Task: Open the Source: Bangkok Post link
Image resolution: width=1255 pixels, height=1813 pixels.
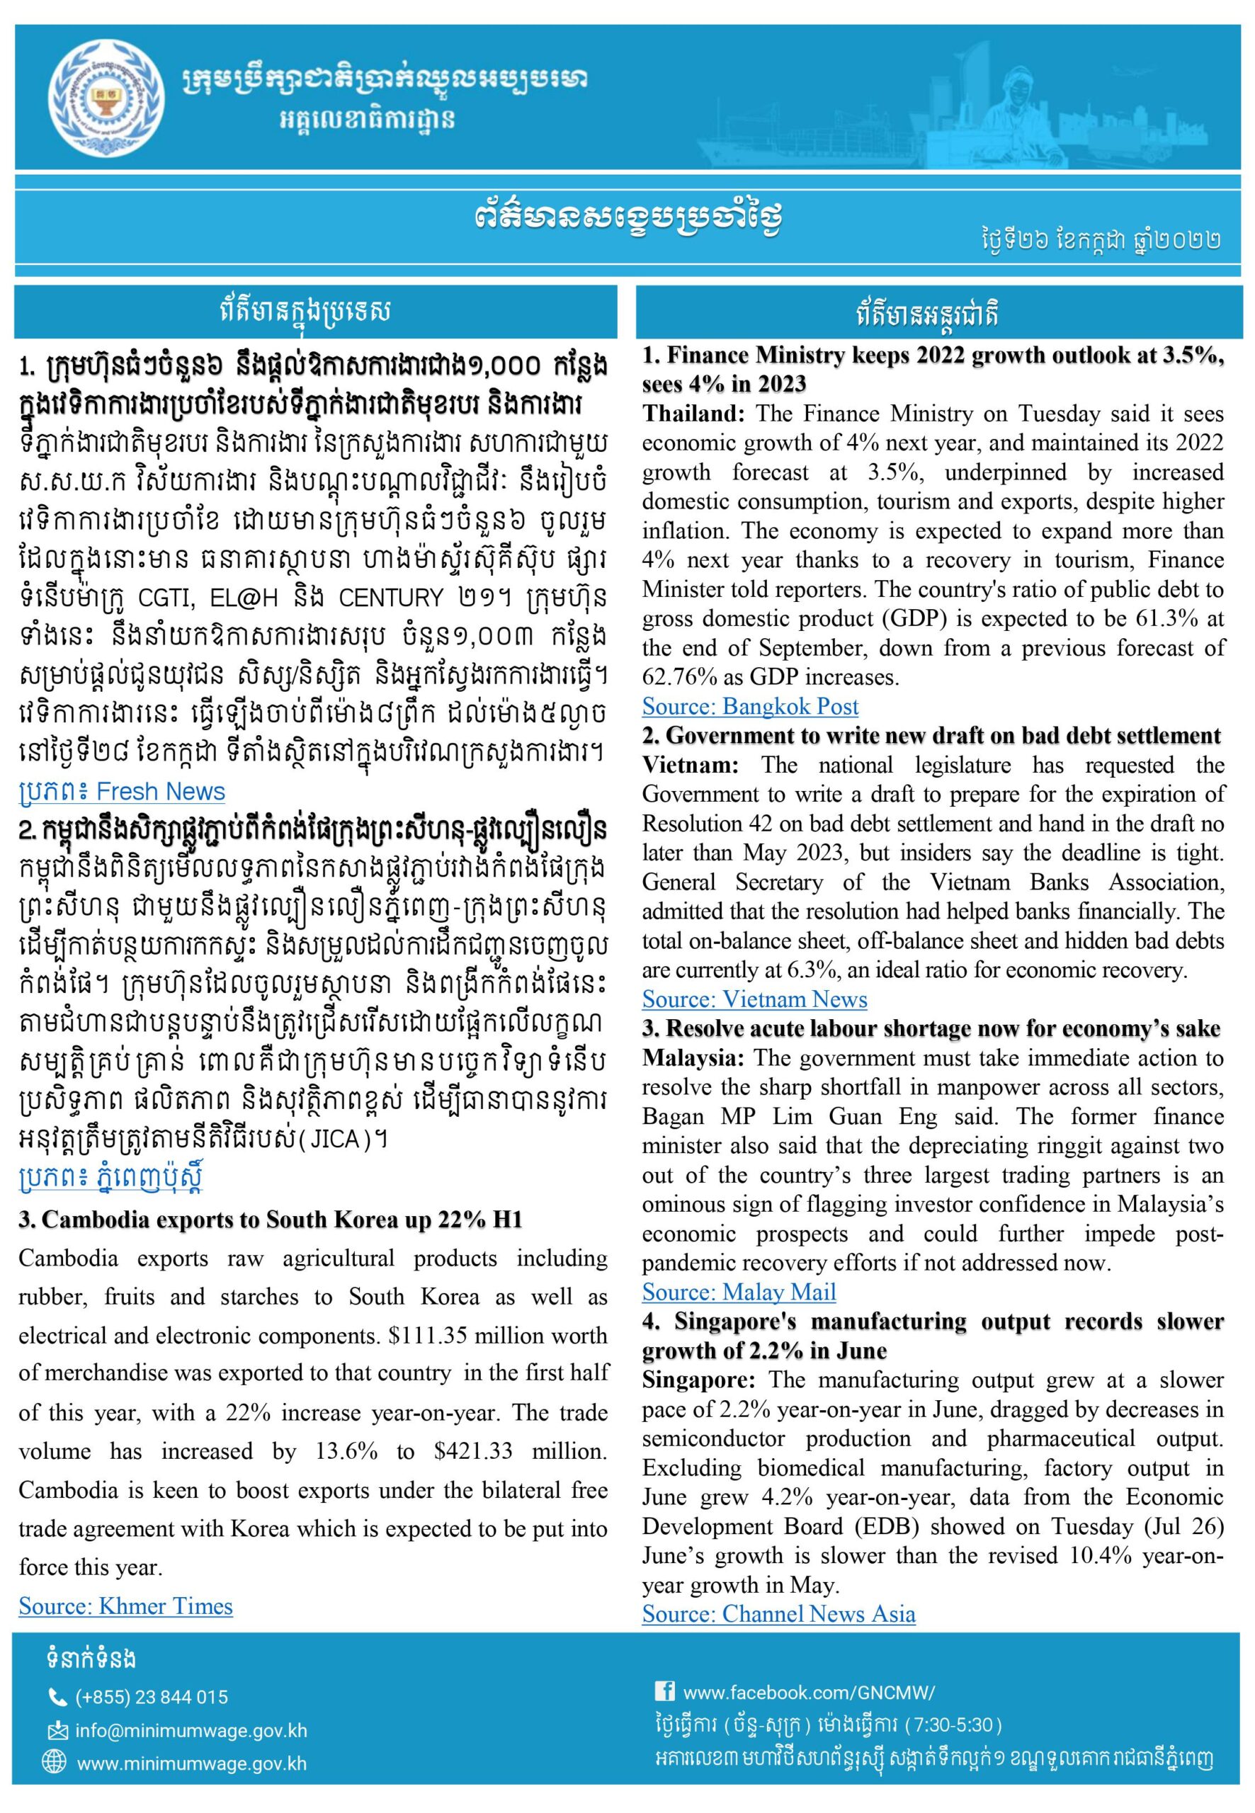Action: (749, 706)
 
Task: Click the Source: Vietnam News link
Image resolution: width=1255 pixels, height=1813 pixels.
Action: (754, 999)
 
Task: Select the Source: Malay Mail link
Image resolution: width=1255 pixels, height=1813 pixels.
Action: (739, 1292)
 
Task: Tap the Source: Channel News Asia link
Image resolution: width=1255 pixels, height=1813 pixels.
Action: (778, 1614)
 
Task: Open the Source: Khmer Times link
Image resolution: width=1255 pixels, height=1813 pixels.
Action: (126, 1605)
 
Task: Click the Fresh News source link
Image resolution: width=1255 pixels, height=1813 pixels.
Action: (122, 792)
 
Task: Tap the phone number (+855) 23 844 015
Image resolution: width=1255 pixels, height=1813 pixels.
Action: (152, 1697)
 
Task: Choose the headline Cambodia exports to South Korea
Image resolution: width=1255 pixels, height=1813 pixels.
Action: (271, 1220)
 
